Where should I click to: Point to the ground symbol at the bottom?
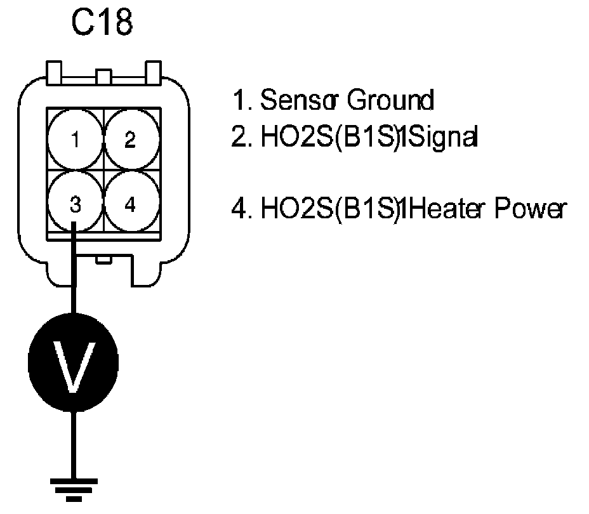[74, 489]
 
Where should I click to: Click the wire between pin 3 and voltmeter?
[74, 273]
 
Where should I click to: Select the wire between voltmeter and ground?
[74, 444]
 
